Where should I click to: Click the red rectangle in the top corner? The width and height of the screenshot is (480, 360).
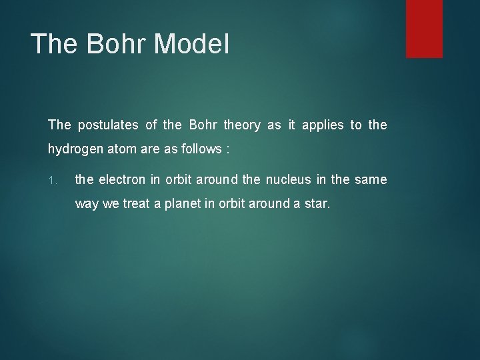(425, 28)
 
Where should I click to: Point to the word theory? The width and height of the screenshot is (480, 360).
(242, 125)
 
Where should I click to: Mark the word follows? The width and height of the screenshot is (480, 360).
(201, 150)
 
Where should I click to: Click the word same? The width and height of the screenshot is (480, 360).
(371, 179)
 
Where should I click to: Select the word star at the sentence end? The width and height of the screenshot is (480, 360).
(317, 203)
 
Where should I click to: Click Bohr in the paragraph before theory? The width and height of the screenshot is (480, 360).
(204, 125)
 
